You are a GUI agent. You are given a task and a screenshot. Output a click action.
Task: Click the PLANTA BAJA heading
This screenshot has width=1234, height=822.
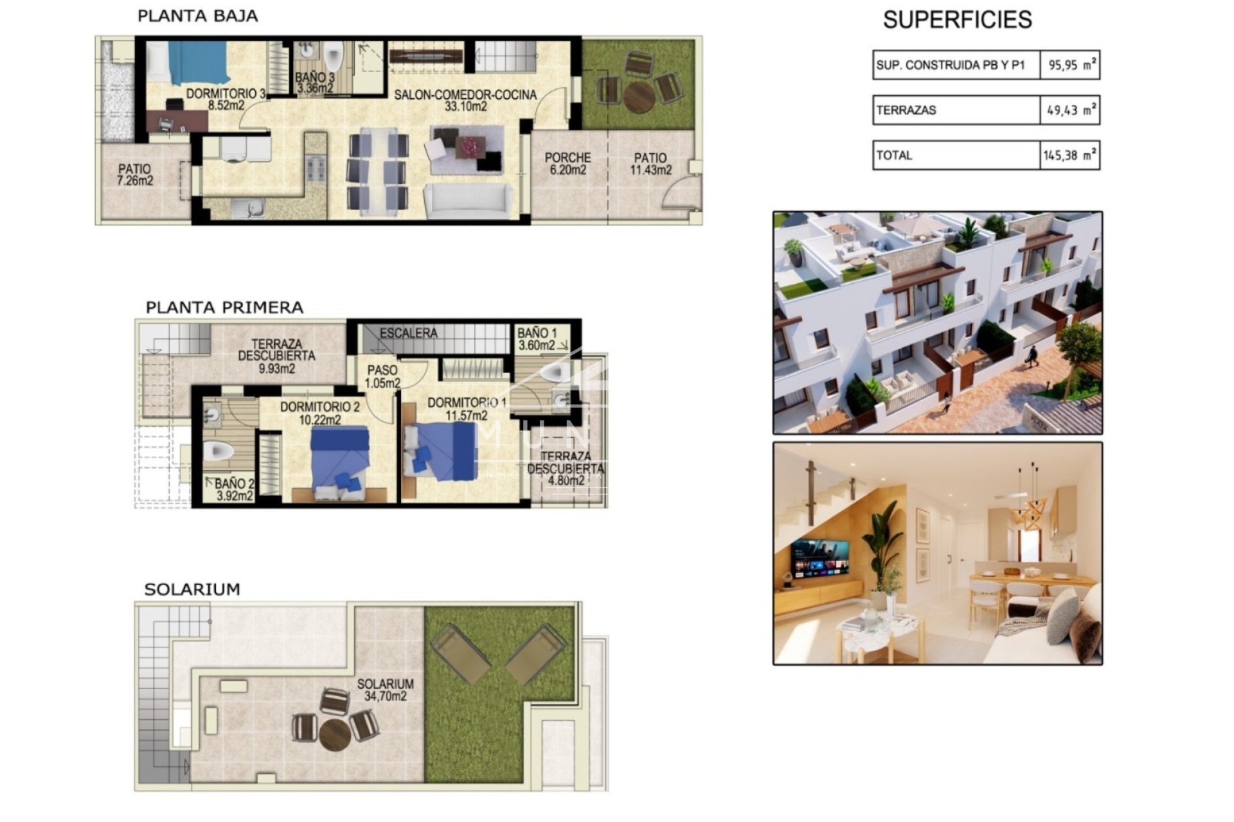pyautogui.click(x=197, y=16)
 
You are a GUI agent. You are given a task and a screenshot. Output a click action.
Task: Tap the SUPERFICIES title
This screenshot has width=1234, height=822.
pyautogui.click(x=957, y=20)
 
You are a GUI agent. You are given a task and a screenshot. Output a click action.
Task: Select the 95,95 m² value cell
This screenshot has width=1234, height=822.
pyautogui.click(x=1070, y=65)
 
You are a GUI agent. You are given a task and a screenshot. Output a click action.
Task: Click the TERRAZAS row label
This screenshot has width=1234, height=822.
pyautogui.click(x=906, y=110)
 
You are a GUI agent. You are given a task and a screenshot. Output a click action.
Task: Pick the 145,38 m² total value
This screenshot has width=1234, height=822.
pyautogui.click(x=1070, y=155)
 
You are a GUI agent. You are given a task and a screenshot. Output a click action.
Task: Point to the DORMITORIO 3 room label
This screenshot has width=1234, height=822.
pyautogui.click(x=224, y=100)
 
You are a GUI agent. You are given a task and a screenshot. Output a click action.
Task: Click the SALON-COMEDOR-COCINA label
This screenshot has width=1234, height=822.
pyautogui.click(x=465, y=100)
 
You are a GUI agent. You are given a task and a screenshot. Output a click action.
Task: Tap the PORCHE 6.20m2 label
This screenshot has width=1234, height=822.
pyautogui.click(x=568, y=163)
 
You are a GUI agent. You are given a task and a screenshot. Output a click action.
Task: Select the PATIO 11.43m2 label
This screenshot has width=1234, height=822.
pyautogui.click(x=650, y=163)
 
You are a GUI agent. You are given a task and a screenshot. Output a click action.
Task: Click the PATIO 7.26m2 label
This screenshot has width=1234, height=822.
pyautogui.click(x=136, y=175)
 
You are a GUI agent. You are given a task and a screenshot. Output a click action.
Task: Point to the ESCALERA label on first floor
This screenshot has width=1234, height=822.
pyautogui.click(x=408, y=333)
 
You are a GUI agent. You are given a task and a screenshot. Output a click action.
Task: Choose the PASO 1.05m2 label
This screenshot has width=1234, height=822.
pyautogui.click(x=382, y=376)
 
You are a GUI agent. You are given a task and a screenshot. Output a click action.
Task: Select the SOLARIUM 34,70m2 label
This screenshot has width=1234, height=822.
pyautogui.click(x=385, y=690)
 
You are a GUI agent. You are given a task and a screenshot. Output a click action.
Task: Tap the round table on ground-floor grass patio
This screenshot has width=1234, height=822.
pyautogui.click(x=639, y=95)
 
